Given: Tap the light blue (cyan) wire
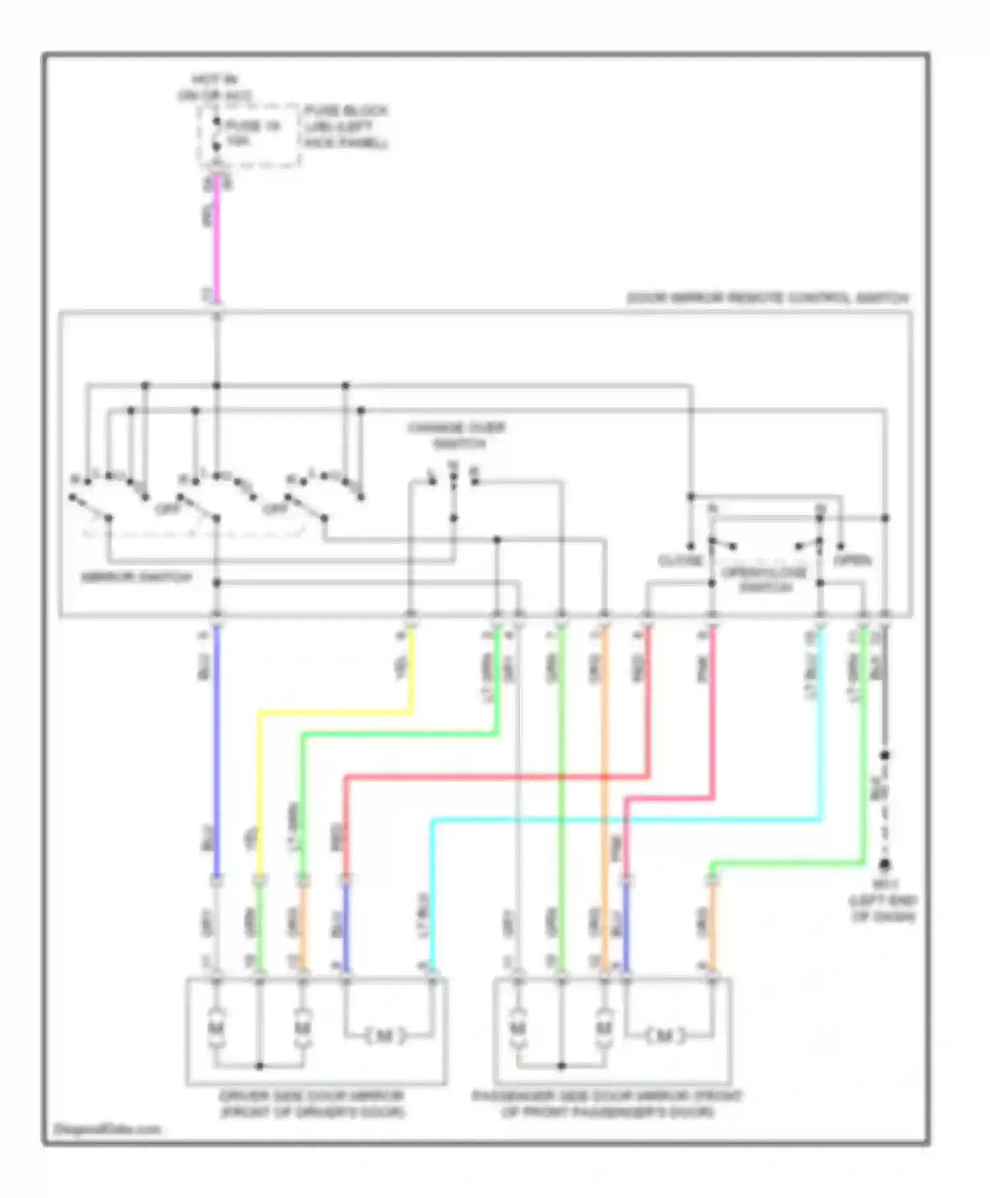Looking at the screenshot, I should [x=627, y=820].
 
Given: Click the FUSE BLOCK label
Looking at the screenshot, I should [x=345, y=127].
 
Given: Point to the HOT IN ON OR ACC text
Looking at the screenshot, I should [x=214, y=88].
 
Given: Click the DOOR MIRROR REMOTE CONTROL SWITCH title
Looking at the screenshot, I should [x=767, y=299].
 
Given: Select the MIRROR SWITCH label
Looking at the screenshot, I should [x=136, y=577].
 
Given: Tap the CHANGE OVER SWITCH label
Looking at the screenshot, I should [x=457, y=435].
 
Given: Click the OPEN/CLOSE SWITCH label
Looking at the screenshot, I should [x=764, y=579].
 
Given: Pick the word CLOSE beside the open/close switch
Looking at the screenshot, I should [x=680, y=561].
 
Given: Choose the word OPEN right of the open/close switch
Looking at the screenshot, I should [x=852, y=561].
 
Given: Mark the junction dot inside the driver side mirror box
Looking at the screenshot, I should [x=259, y=1066].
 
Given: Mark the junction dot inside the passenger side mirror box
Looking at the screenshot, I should [x=561, y=1066].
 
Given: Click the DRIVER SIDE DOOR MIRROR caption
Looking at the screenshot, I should [x=312, y=1104].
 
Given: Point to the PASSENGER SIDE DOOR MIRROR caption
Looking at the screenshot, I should [x=607, y=1104].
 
